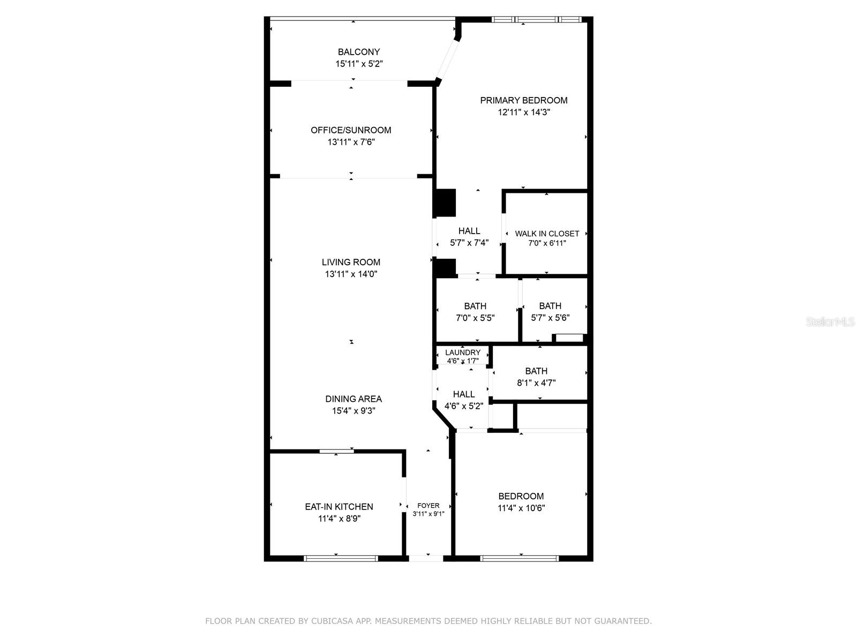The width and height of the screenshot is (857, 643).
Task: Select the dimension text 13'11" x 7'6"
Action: (351, 142)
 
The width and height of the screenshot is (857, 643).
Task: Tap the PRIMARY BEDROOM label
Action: (523, 100)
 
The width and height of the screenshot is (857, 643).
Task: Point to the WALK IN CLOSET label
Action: (547, 234)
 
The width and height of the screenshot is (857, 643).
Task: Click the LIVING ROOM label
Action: (351, 262)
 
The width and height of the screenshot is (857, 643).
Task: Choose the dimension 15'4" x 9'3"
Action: (354, 411)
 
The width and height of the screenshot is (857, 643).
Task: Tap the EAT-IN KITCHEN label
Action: (339, 506)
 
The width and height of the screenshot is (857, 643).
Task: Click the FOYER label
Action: (428, 505)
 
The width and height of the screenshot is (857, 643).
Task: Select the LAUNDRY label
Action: (463, 353)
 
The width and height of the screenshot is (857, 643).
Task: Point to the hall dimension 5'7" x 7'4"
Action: (469, 243)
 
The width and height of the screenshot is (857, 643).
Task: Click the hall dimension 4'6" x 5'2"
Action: (464, 406)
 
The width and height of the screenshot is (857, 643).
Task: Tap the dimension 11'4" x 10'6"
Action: (521, 508)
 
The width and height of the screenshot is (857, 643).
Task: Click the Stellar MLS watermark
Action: (830, 322)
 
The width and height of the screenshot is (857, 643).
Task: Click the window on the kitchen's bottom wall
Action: (341, 558)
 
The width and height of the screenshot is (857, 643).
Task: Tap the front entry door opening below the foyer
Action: (426, 558)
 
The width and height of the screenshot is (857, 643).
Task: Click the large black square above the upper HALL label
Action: (445, 203)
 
